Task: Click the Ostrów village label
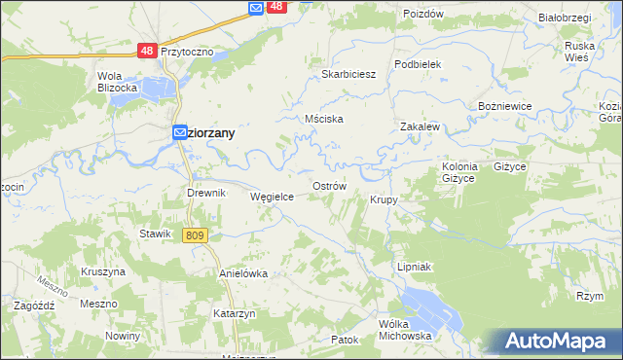(x=329, y=185)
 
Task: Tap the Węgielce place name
(x=273, y=196)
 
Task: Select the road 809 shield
(x=195, y=235)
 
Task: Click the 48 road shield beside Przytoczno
(x=147, y=50)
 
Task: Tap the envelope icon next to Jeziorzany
(x=181, y=133)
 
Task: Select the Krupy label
(x=384, y=199)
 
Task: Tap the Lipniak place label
(x=414, y=266)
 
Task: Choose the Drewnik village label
(x=206, y=193)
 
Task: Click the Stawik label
(x=156, y=234)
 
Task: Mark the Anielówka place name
(x=242, y=274)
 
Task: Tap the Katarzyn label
(x=234, y=313)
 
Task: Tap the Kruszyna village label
(x=103, y=271)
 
